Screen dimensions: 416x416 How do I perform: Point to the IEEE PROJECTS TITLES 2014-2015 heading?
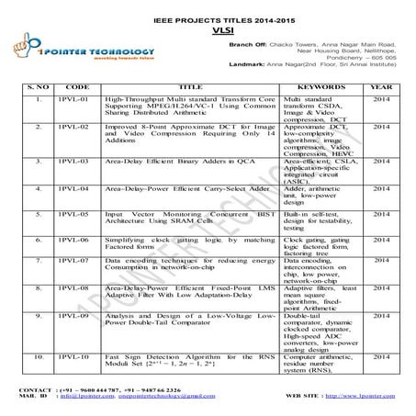pos(207,17)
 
